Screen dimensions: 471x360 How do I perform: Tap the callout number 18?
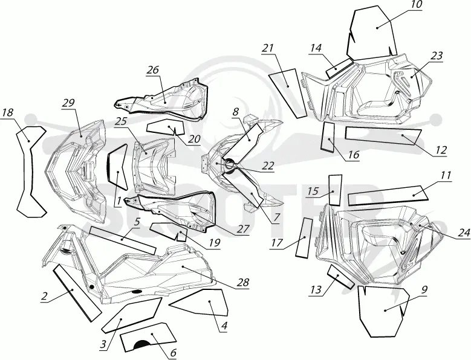pos(7,113)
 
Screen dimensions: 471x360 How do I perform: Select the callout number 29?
pos(69,103)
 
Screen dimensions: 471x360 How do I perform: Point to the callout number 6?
pos(173,353)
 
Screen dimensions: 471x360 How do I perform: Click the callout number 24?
pos(464,233)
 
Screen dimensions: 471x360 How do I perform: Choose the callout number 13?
pos(316,290)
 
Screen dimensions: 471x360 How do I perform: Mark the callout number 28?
pos(242,282)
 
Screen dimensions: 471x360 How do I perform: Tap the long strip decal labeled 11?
pos(388,195)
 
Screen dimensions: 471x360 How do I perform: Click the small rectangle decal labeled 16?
pos(328,137)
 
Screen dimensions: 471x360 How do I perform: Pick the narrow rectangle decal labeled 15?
pos(335,190)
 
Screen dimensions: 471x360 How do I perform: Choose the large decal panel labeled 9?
pos(383,311)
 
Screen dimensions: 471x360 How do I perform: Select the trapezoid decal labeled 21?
pos(288,92)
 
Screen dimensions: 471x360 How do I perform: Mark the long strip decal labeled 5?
pos(123,240)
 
